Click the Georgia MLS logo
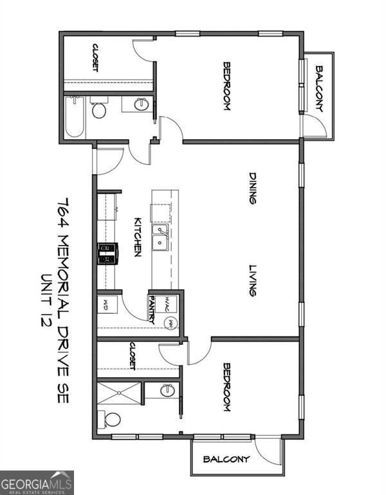pyautogui.click(x=37, y=482)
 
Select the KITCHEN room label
pyautogui.click(x=137, y=237)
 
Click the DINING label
pyautogui.click(x=253, y=188)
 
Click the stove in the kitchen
pyautogui.click(x=107, y=253)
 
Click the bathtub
pyautogui.click(x=74, y=117)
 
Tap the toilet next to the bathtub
pyautogui.click(x=98, y=110)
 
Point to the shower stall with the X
pyautogui.click(x=118, y=393)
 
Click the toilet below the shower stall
pyautogui.click(x=111, y=420)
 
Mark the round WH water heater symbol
pyautogui.click(x=170, y=324)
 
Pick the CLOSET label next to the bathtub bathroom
pyautogui.click(x=95, y=57)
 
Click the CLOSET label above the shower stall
pyautogui.click(x=132, y=356)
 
